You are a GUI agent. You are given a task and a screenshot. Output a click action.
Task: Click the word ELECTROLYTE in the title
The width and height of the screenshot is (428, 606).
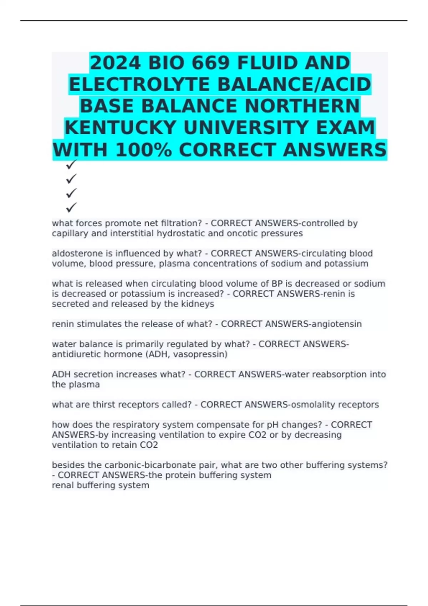(x=139, y=85)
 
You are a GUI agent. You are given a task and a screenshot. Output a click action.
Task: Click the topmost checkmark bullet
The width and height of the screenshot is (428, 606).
(x=71, y=165)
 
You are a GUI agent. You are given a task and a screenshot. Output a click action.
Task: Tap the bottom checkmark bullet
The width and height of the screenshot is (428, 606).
(x=71, y=207)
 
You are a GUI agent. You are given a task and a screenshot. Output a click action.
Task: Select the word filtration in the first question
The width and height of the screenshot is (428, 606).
(x=180, y=223)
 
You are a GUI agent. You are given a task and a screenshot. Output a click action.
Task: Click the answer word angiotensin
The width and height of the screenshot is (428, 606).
(x=337, y=324)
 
